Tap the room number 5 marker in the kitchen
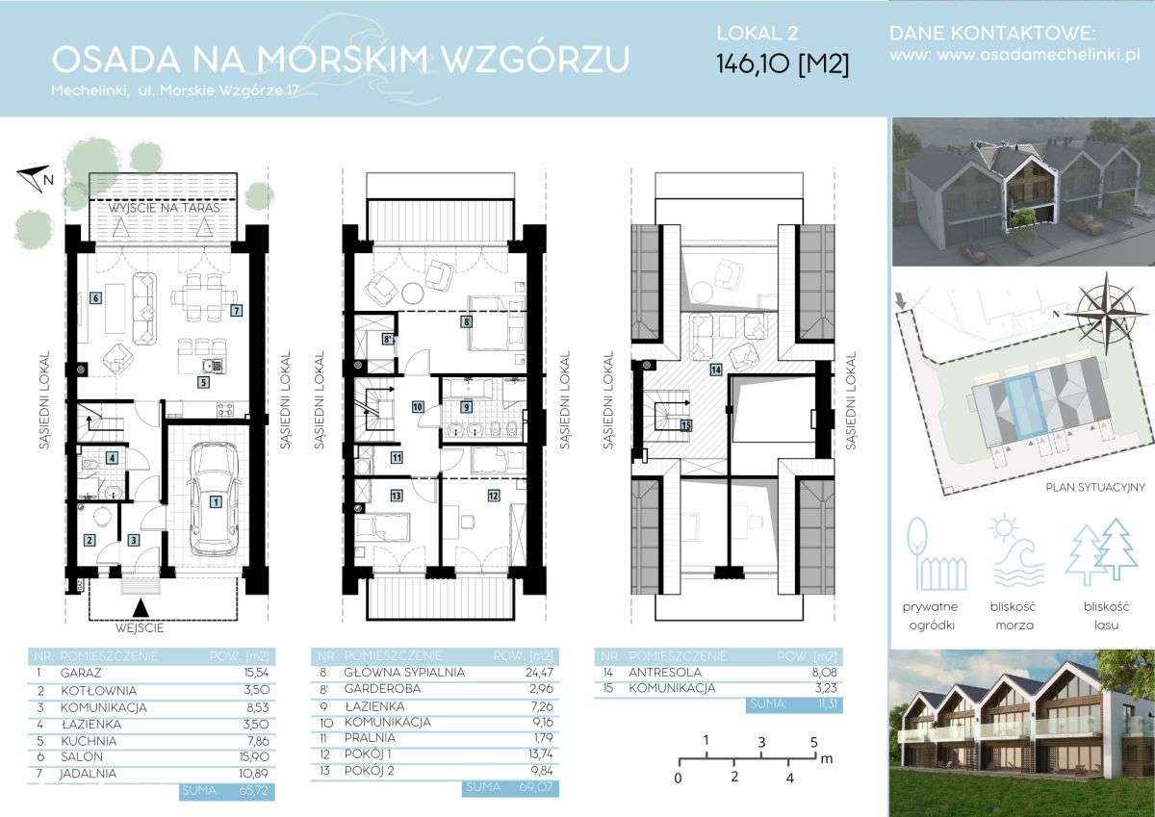[203, 382]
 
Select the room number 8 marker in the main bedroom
[466, 322]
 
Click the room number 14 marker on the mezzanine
[715, 369]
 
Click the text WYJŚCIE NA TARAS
[165, 207]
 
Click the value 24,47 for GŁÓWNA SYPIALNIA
[519, 673]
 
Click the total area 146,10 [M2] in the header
[782, 64]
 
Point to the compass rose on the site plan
[1107, 309]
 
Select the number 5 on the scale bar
[813, 742]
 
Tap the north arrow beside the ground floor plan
[35, 176]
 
